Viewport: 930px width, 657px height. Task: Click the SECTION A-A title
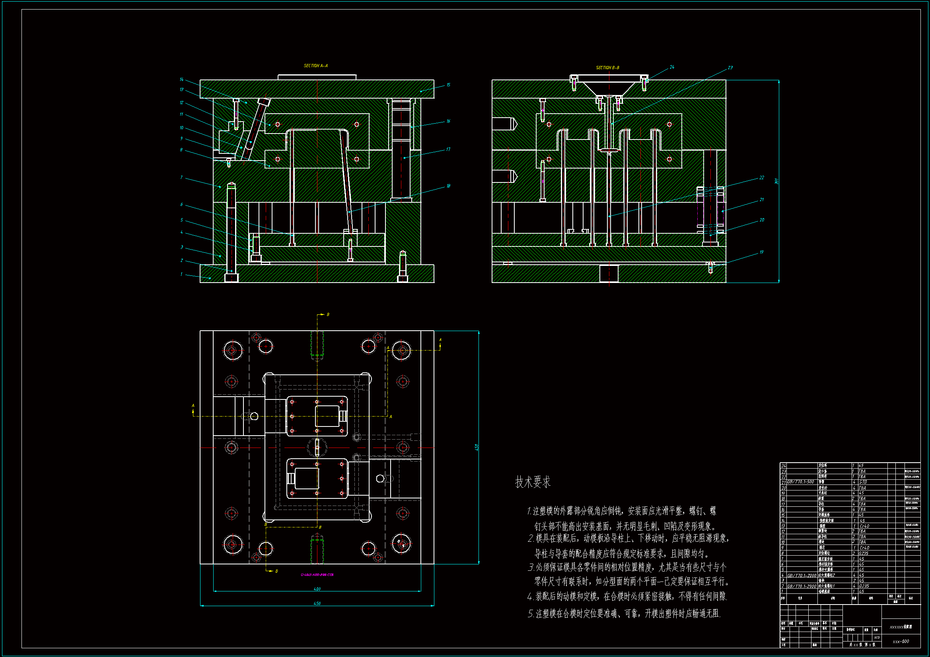click(315, 66)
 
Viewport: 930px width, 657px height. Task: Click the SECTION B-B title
click(607, 68)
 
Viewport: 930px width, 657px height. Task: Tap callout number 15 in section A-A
click(448, 85)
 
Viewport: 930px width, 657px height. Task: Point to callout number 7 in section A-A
click(181, 178)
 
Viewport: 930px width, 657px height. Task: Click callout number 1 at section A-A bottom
click(181, 275)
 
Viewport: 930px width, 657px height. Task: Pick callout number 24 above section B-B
click(672, 67)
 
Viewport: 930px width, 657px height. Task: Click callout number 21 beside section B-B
click(761, 200)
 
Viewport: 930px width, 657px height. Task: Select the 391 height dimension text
click(776, 181)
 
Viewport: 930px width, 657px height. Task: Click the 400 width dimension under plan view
click(317, 589)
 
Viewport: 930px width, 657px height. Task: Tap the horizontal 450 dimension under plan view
click(317, 604)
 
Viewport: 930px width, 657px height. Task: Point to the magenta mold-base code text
click(317, 575)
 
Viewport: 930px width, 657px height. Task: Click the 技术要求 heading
click(533, 482)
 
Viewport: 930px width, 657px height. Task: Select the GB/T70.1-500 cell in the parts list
click(800, 482)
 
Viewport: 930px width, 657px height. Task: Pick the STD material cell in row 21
click(863, 482)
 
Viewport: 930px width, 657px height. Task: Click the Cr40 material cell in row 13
click(864, 526)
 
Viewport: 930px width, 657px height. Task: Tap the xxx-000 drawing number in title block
click(901, 641)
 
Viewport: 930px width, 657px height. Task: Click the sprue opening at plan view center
click(317, 447)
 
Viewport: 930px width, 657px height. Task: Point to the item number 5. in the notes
click(531, 614)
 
